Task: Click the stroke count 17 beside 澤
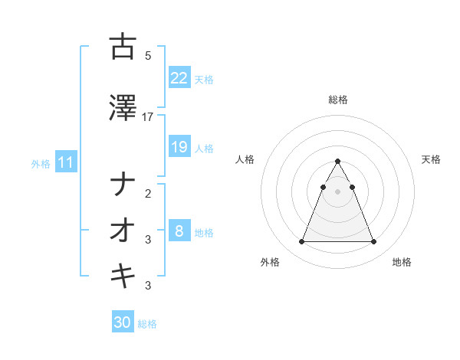[148, 117]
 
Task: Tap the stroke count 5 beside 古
[148, 56]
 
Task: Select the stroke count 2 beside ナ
[148, 194]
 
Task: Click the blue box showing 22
[179, 78]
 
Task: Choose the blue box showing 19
[179, 147]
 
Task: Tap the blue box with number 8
[179, 231]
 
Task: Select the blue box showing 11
[65, 162]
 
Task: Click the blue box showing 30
[123, 322]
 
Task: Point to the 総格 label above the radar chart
[337, 100]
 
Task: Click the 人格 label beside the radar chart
[245, 159]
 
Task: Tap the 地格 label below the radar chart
[402, 262]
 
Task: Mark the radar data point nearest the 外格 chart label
[301, 242]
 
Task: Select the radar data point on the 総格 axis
[337, 162]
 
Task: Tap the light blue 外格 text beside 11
[40, 163]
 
